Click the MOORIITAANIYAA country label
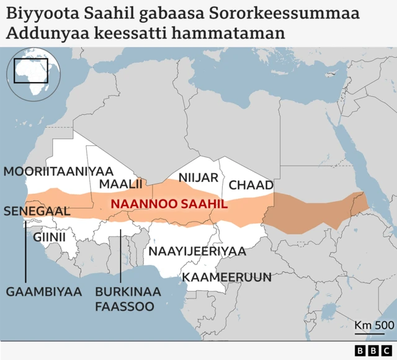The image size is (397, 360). click(59, 171)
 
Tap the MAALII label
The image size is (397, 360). click(121, 184)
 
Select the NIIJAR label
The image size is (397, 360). click(198, 178)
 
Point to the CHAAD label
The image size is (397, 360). click(251, 185)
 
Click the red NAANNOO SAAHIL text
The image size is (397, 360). click(169, 204)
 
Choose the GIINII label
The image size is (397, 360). click(49, 236)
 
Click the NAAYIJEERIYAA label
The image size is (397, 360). click(197, 251)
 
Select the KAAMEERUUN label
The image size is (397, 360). click(226, 276)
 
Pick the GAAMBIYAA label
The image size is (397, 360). click(44, 291)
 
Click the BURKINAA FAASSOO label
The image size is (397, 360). click(128, 299)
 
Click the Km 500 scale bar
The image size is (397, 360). click(374, 328)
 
